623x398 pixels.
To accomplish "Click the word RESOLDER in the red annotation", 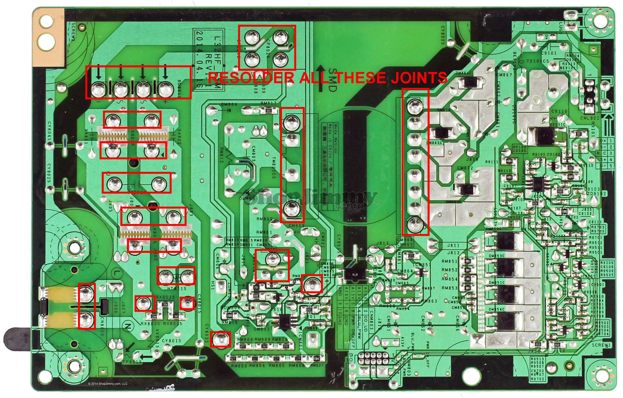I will pyautogui.click(x=251, y=78).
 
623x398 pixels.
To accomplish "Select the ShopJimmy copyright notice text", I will pyautogui.click(x=108, y=384).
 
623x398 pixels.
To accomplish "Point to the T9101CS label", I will pyautogui.click(x=538, y=61).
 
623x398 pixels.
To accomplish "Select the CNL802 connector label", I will pyautogui.click(x=590, y=118).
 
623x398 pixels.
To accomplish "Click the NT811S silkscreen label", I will pyautogui.click(x=177, y=288).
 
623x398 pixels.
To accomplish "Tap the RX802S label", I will pyautogui.click(x=165, y=297).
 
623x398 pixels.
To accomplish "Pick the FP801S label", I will pyautogui.click(x=132, y=362).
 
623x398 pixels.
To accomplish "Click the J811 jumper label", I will pyautogui.click(x=453, y=245).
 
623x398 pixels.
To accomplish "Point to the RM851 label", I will pyautogui.click(x=449, y=261).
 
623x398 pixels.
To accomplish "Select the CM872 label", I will pyautogui.click(x=465, y=168).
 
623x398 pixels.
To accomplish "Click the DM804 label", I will pyautogui.click(x=229, y=105).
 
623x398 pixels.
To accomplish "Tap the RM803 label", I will pyautogui.click(x=239, y=366).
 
